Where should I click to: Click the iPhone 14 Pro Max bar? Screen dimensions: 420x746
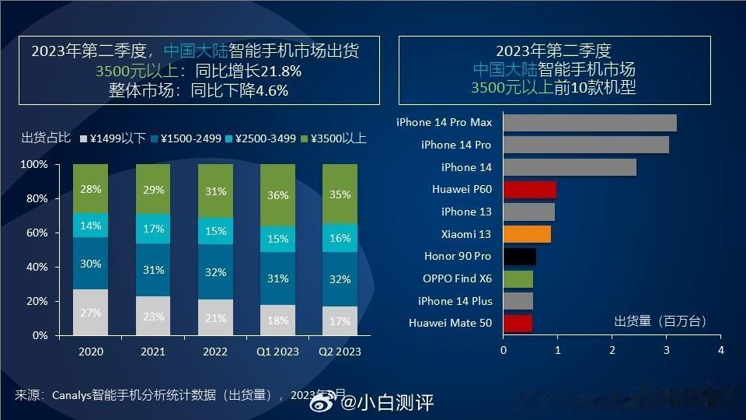pos(590,123)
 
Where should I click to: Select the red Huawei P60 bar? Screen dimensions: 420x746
pos(530,189)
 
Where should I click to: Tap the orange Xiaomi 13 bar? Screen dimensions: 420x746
pos(527,234)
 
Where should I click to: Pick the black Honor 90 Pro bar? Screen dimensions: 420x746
pos(519,257)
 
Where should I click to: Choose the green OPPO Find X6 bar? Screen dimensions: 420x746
pos(518,278)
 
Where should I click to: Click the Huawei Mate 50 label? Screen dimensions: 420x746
pos(450,323)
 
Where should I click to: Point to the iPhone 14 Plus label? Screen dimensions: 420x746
pos(455,301)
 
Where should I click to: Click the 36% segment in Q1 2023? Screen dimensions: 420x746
pos(277,195)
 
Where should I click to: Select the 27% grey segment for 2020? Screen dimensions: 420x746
pos(91,312)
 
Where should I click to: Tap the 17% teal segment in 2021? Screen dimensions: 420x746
pos(153,229)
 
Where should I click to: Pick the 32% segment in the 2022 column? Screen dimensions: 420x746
pos(215,272)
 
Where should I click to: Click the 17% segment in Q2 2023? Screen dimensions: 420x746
pos(340,320)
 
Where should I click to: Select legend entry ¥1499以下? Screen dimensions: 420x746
pos(113,138)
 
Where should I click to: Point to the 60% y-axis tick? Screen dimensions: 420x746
pos(37,233)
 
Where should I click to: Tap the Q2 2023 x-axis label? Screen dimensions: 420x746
pos(340,352)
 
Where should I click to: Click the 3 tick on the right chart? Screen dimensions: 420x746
pos(667,351)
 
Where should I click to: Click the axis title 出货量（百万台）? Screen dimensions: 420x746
pos(660,320)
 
